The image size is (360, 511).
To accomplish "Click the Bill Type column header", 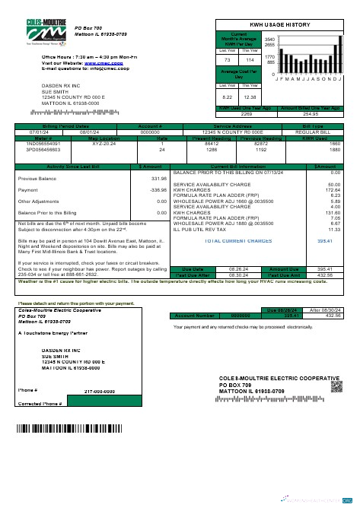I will coord(312,126).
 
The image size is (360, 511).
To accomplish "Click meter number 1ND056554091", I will coord(42,143).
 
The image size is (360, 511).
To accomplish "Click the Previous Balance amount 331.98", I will coord(158,179).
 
